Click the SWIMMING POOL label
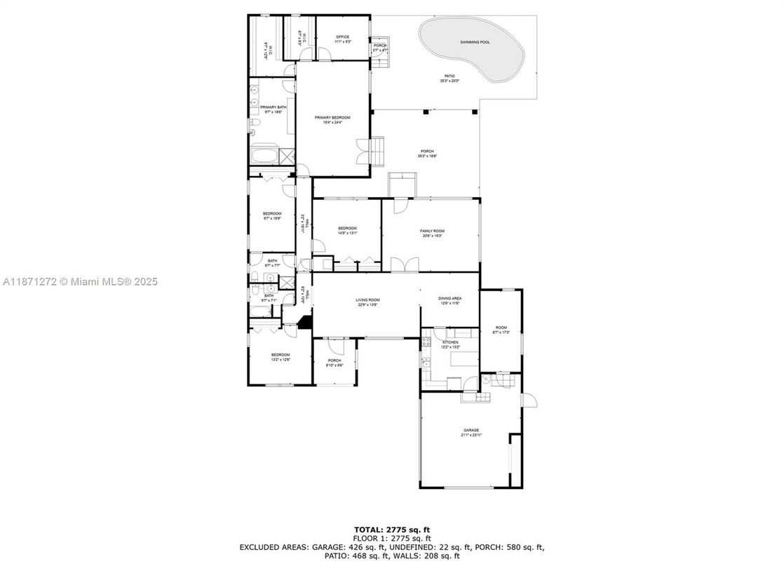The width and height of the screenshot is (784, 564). (x=475, y=42)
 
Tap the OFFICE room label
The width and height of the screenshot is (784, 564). (x=342, y=37)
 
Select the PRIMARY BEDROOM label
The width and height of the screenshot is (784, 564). (x=332, y=118)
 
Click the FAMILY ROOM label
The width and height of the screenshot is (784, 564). (x=432, y=231)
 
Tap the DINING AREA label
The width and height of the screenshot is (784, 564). (x=450, y=298)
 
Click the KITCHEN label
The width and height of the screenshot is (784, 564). (x=450, y=342)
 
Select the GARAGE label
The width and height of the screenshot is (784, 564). (x=471, y=431)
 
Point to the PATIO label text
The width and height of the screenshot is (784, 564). (x=449, y=76)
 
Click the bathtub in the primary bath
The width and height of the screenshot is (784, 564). (x=264, y=155)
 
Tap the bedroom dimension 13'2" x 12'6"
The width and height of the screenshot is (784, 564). (x=281, y=361)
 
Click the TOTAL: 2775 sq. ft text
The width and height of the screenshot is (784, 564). (x=392, y=529)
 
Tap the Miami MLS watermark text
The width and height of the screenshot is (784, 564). (x=81, y=281)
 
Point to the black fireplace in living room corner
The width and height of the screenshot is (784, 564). (x=304, y=323)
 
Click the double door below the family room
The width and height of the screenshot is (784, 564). (x=405, y=264)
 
